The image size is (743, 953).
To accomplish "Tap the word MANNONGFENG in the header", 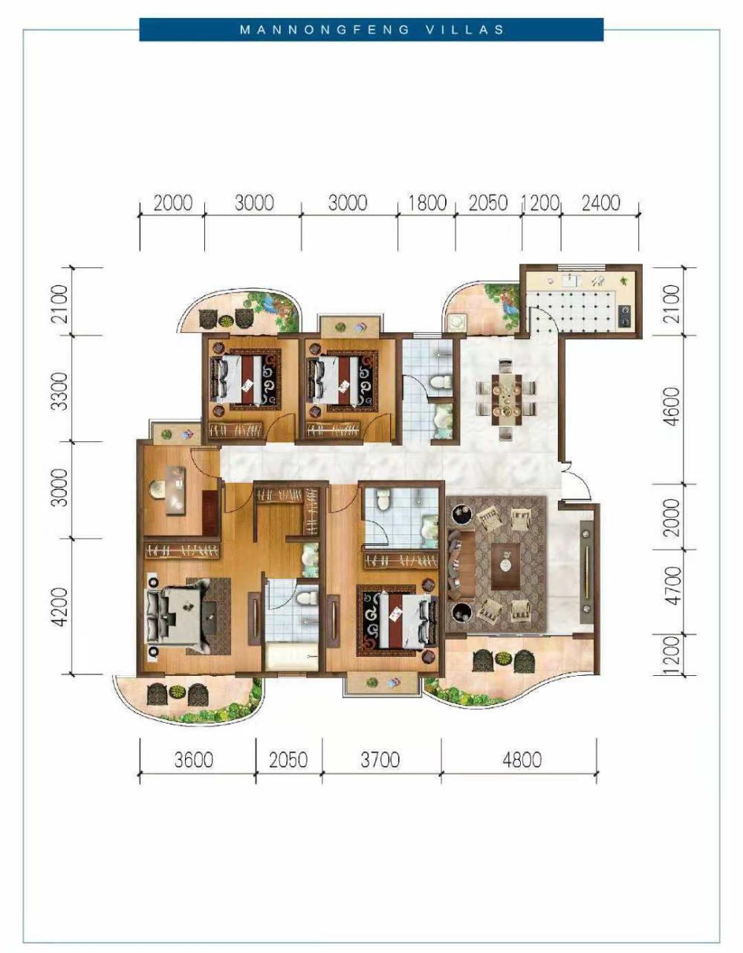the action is pos(325,30).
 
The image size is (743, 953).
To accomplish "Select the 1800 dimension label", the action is pos(426,203).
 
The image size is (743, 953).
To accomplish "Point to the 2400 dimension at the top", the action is pos(601,203).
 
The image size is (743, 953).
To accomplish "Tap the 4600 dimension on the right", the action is pos(672,406).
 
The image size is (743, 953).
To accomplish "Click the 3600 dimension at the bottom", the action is pos(194,760).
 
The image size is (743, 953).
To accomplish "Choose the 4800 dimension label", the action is pos(522,760).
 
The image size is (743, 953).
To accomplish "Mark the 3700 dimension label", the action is pos(380,760).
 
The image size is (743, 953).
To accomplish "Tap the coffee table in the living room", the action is pos(506,567).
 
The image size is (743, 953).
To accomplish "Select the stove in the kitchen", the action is pos(624,316).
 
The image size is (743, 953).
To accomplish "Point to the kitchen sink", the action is pos(571,280).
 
